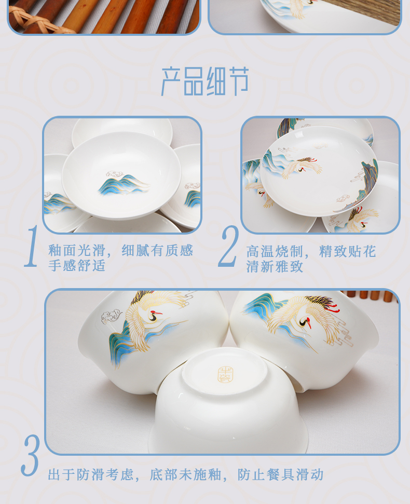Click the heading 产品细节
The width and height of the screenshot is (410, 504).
[204, 81]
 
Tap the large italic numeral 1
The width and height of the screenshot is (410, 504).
[32, 246]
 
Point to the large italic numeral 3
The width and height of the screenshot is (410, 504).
[31, 455]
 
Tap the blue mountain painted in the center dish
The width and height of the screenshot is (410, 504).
[124, 185]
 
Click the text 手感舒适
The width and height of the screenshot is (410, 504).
[77, 266]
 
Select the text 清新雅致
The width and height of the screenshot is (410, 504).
[275, 266]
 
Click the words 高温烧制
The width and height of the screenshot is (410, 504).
[275, 251]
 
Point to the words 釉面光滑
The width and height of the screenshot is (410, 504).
[77, 250]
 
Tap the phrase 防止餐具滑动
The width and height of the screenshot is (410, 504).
[280, 475]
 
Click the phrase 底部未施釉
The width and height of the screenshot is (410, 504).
[185, 475]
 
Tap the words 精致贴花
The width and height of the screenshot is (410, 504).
[347, 251]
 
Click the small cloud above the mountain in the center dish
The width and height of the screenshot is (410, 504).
[114, 174]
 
